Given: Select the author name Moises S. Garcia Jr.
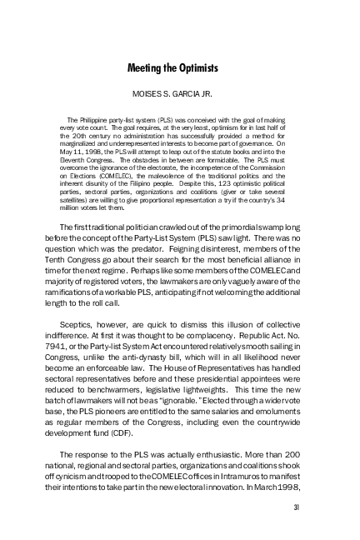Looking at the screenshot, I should coord(179,93).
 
